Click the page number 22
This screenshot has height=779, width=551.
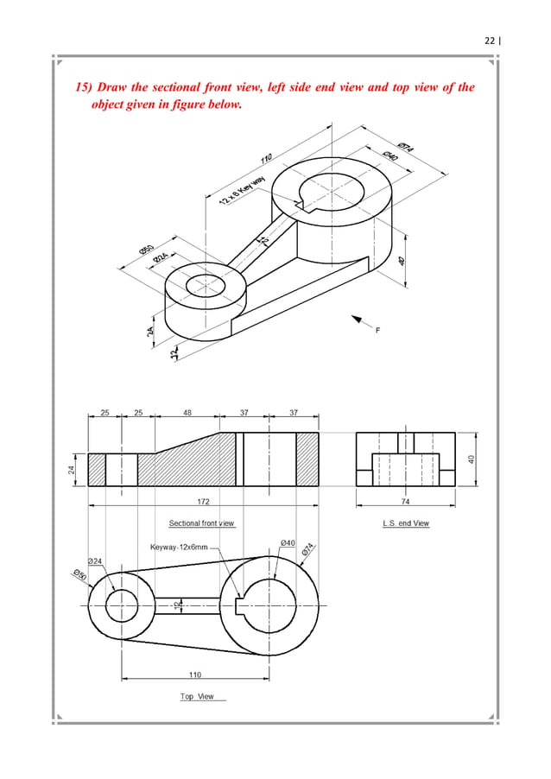coord(491,41)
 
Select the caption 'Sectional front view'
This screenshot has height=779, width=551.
coord(201,523)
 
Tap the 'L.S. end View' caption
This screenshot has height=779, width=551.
coord(406,523)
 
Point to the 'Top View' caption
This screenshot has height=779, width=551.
coord(198,696)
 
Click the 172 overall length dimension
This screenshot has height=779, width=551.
coord(204,500)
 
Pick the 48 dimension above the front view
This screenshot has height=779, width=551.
coord(187,413)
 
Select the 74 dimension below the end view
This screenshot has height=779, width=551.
coord(406,500)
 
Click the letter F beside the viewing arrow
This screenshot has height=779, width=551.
coord(377,329)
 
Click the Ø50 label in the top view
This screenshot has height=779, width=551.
coord(79,577)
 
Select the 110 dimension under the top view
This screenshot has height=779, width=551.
coord(196,674)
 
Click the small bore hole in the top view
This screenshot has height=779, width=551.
coord(122,603)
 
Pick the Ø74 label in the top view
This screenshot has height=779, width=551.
coord(307,550)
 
